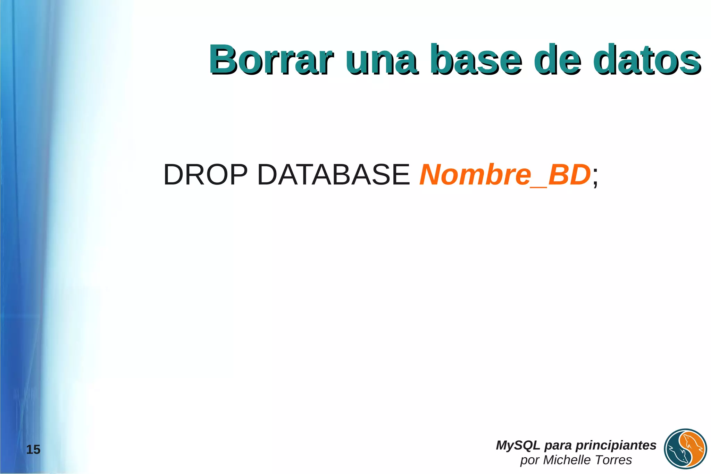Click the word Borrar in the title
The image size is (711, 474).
271,60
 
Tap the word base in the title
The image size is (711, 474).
476,60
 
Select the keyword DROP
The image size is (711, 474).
206,175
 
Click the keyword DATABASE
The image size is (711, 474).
333,175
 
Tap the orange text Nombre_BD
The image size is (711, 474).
505,175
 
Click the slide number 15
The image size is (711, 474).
33,450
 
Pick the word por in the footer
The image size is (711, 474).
529,460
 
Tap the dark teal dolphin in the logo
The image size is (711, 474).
677,455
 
